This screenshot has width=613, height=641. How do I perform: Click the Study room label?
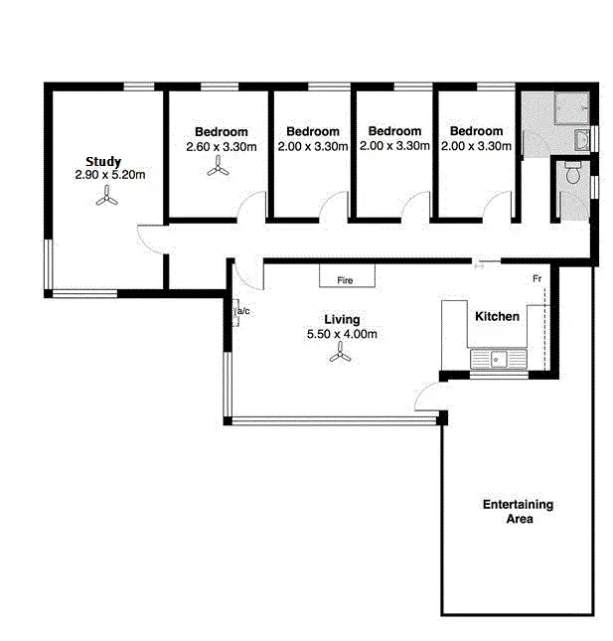[103, 161]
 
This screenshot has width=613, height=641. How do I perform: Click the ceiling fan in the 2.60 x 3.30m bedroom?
[218, 170]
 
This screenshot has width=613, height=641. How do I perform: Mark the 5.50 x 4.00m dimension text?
[342, 334]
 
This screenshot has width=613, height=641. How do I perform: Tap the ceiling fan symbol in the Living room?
[341, 361]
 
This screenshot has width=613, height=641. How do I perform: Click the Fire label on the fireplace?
[345, 281]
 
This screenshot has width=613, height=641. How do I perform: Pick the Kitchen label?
[496, 316]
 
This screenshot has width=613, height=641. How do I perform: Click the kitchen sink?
[494, 359]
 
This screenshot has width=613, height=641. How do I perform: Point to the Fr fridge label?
[536, 279]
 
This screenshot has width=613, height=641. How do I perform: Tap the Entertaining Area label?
[518, 511]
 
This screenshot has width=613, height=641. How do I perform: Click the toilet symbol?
[572, 173]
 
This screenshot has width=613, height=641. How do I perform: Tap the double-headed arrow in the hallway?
[480, 264]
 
